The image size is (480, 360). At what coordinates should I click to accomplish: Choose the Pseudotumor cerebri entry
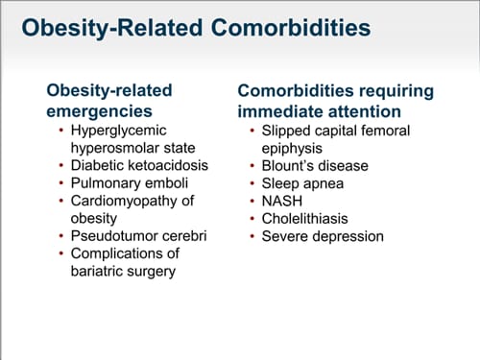coord(138,236)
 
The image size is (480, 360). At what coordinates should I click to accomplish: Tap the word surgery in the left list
coord(156,271)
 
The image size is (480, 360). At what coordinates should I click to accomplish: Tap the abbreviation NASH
coord(283,201)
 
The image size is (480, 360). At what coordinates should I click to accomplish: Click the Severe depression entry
coord(323,236)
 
